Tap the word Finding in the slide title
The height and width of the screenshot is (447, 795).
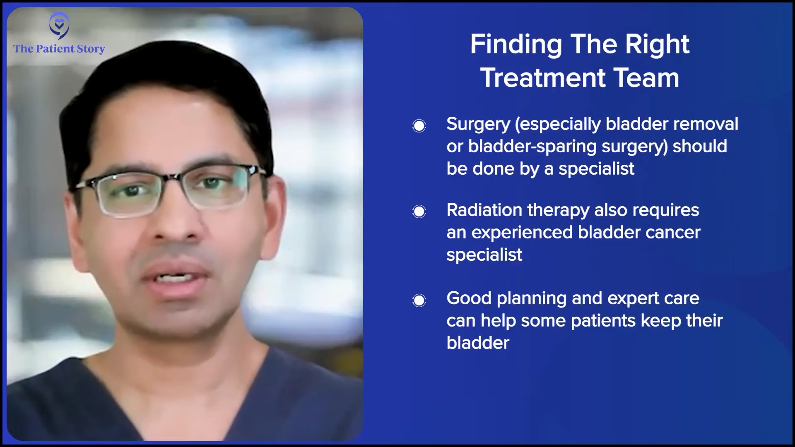pyautogui.click(x=516, y=45)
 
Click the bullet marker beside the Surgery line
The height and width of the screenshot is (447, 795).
pyautogui.click(x=419, y=125)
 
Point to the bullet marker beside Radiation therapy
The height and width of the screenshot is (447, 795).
pyautogui.click(x=419, y=211)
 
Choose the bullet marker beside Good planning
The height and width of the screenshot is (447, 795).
pyautogui.click(x=419, y=300)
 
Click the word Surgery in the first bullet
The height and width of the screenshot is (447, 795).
pyautogui.click(x=478, y=125)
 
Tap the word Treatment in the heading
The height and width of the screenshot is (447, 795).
pyautogui.click(x=543, y=77)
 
